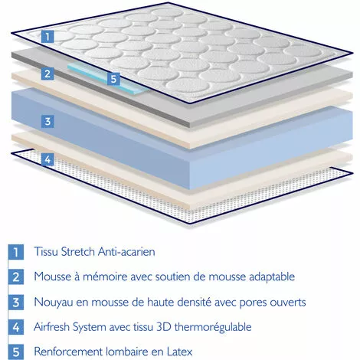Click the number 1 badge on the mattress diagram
coord(47,36)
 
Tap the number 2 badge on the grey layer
coord(47,74)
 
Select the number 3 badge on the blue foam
coord(47,121)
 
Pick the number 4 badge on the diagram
coord(47,159)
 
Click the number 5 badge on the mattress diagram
coord(113,79)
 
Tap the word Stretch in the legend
coord(80,251)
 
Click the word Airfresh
coord(55,327)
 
